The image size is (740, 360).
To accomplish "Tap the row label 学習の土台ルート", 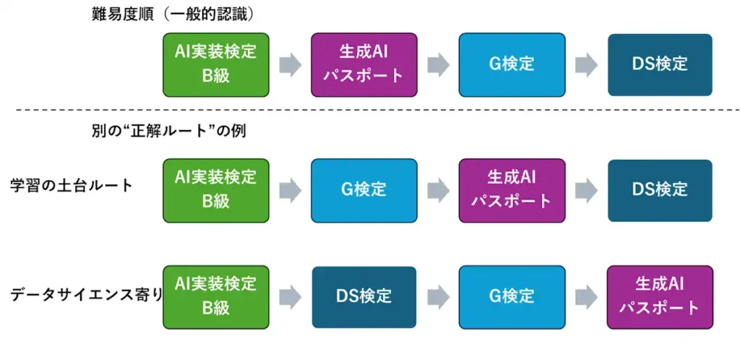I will pyautogui.click(x=72, y=186).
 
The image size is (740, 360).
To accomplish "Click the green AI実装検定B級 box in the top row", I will pyautogui.click(x=216, y=64).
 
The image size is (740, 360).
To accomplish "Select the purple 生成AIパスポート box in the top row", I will pyautogui.click(x=363, y=64).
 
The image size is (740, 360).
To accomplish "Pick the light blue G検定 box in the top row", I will pyautogui.click(x=512, y=64).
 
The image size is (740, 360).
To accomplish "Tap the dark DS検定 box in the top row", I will pyautogui.click(x=660, y=64).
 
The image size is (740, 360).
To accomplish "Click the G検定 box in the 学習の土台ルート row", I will pyautogui.click(x=363, y=190).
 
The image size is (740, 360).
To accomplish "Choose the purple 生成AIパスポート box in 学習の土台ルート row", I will pyautogui.click(x=512, y=190).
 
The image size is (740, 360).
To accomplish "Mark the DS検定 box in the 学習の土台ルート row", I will pyautogui.click(x=660, y=190).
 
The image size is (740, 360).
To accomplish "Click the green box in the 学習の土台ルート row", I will pyautogui.click(x=216, y=190).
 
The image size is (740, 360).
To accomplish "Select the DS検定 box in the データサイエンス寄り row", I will pyautogui.click(x=363, y=296).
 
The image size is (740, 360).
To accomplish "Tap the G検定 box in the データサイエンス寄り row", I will pyautogui.click(x=512, y=296).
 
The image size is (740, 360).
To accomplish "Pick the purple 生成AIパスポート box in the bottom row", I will pyautogui.click(x=660, y=296).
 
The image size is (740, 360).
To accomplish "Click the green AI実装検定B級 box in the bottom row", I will pyautogui.click(x=216, y=296).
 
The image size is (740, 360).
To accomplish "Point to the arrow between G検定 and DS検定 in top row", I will pyautogui.click(x=586, y=65).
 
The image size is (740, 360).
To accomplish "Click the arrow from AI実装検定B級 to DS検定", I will pyautogui.click(x=291, y=297).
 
